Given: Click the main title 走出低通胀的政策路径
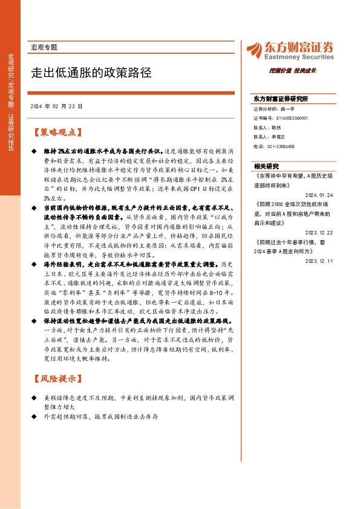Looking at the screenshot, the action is click(91, 73).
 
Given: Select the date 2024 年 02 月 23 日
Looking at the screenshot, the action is click(56, 106).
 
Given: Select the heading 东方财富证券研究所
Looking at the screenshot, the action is click(281, 98).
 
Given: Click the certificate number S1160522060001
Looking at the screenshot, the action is click(281, 119).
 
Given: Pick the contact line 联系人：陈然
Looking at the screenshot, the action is click(267, 128).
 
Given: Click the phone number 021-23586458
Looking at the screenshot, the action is click(274, 146).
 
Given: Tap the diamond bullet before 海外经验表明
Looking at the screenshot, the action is click(34, 264).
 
